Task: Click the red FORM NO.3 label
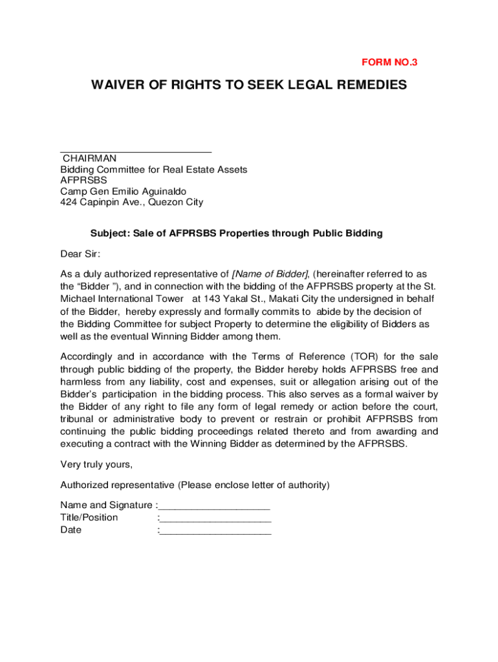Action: pyautogui.click(x=389, y=63)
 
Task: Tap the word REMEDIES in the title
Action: pyautogui.click(x=367, y=85)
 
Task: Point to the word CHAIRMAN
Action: pyautogui.click(x=89, y=158)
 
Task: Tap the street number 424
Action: pyautogui.click(x=69, y=202)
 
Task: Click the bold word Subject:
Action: pyautogui.click(x=110, y=233)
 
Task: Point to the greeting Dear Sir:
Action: pyautogui.click(x=80, y=254)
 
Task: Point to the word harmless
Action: pyautogui.click(x=81, y=382)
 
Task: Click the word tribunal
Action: pyautogui.click(x=79, y=419)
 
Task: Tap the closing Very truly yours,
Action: pyautogui.click(x=96, y=464)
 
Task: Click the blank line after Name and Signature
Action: pyautogui.click(x=214, y=506)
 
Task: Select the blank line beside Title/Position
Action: pyautogui.click(x=215, y=518)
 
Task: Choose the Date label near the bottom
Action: pyautogui.click(x=71, y=530)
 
